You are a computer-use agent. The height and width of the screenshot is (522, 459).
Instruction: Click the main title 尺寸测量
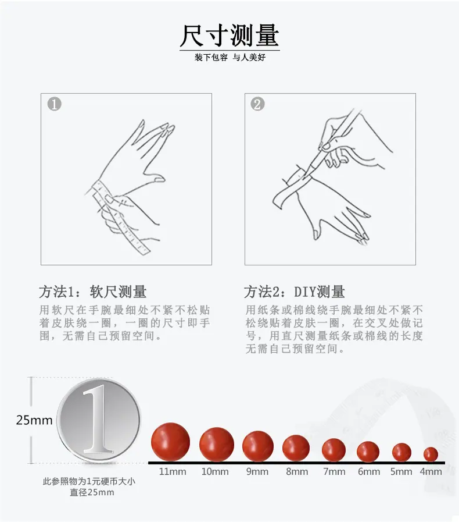click(x=229, y=35)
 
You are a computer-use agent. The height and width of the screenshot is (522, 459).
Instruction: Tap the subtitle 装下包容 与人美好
click(x=229, y=57)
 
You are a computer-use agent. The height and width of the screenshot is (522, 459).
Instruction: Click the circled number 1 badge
click(x=55, y=104)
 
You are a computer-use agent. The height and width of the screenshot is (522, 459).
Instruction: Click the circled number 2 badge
click(x=257, y=104)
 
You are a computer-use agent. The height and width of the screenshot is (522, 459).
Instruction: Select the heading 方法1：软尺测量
click(x=93, y=292)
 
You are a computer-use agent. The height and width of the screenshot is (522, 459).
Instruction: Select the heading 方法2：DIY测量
click(x=294, y=292)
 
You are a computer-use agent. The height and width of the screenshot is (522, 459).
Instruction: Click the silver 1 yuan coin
click(x=98, y=420)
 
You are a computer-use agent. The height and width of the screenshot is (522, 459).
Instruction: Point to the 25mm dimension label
click(x=34, y=420)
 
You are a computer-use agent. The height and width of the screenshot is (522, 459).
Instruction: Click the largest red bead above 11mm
click(x=170, y=442)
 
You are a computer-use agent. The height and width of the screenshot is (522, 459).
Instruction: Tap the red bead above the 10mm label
click(x=217, y=445)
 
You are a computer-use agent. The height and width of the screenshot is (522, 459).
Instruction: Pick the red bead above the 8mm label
click(x=296, y=449)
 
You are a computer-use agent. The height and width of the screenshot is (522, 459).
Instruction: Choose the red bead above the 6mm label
click(x=368, y=452)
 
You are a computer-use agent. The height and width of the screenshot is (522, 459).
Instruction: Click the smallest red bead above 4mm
click(x=431, y=454)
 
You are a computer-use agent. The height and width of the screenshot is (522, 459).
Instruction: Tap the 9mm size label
click(x=257, y=472)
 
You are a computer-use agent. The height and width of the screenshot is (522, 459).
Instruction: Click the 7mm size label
click(x=334, y=472)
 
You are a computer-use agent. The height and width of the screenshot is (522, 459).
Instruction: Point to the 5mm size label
click(x=401, y=472)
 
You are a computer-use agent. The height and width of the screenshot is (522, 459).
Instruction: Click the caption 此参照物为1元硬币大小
click(x=89, y=481)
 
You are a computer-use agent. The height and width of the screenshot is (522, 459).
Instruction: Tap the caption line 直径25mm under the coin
click(x=92, y=492)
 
